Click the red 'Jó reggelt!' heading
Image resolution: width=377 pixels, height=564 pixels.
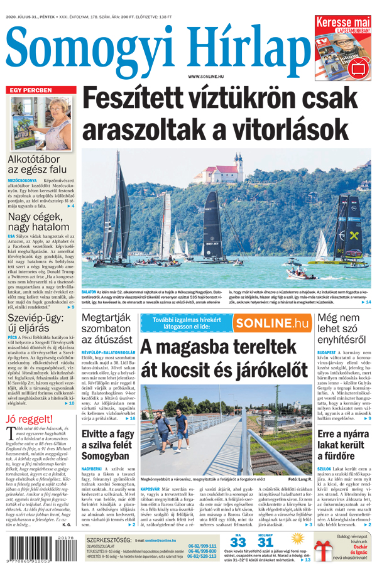[x=29, y=419]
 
